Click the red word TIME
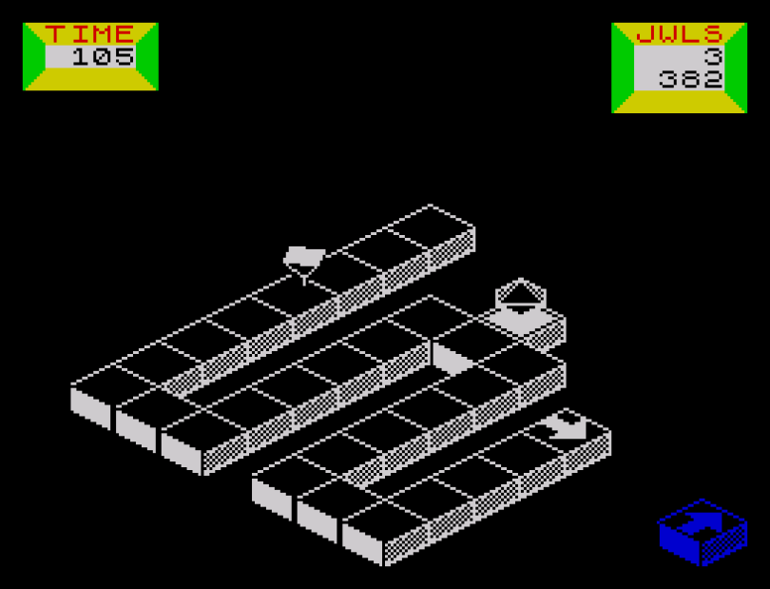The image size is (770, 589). [90, 34]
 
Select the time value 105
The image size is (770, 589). [103, 56]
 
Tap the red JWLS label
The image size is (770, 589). [679, 34]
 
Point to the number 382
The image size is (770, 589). [691, 79]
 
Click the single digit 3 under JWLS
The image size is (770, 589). [714, 56]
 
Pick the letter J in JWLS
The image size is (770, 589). [645, 34]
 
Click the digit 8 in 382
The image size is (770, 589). [691, 79]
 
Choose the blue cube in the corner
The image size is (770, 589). [703, 532]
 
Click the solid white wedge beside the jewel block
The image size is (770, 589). [451, 359]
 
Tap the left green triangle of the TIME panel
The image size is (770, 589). [32, 56]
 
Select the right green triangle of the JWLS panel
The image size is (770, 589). [737, 68]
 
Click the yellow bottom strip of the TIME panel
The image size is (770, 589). [91, 79]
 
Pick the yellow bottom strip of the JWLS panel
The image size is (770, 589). [679, 102]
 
